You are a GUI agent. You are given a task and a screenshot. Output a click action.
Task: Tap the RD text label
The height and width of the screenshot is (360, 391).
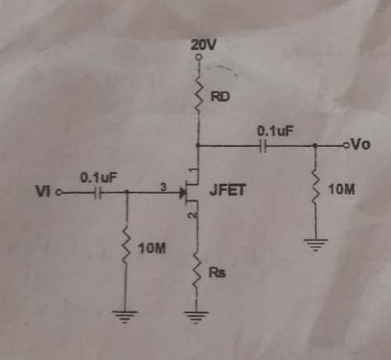click(221, 97)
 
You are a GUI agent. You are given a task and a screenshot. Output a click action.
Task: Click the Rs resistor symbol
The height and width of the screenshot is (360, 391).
click(198, 272)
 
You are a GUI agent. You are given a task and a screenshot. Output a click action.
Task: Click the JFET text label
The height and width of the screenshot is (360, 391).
click(226, 191)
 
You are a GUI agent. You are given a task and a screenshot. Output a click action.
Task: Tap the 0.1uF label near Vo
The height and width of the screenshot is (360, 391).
click(275, 130)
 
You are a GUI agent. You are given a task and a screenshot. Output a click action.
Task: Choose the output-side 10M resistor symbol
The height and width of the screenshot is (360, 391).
click(314, 189)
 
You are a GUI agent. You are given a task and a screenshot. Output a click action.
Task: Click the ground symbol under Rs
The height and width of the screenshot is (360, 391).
click(198, 314)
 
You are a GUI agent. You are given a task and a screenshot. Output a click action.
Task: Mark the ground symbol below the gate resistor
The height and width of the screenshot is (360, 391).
click(126, 314)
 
